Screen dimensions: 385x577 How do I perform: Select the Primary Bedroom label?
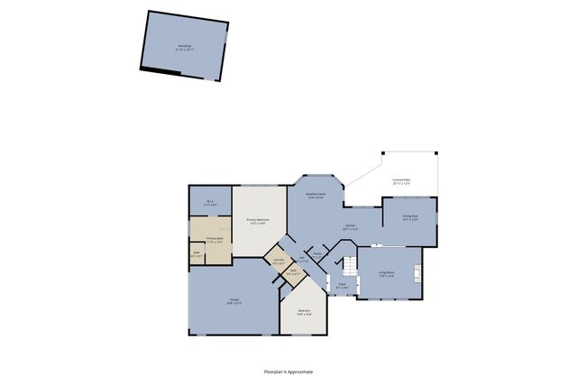(258, 221)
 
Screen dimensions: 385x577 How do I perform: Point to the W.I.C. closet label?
(210, 203)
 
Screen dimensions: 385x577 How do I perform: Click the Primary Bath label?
(215, 240)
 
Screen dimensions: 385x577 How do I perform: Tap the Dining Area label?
(409, 217)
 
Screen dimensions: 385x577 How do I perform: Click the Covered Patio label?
(401, 182)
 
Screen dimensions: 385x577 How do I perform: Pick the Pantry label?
(317, 254)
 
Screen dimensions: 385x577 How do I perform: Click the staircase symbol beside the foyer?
(347, 265)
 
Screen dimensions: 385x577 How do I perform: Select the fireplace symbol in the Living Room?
(417, 272)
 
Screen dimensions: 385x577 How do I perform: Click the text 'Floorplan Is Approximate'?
(288, 371)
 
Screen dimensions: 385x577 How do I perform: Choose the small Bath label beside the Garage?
(197, 256)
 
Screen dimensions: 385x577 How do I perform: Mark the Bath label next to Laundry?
(294, 271)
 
